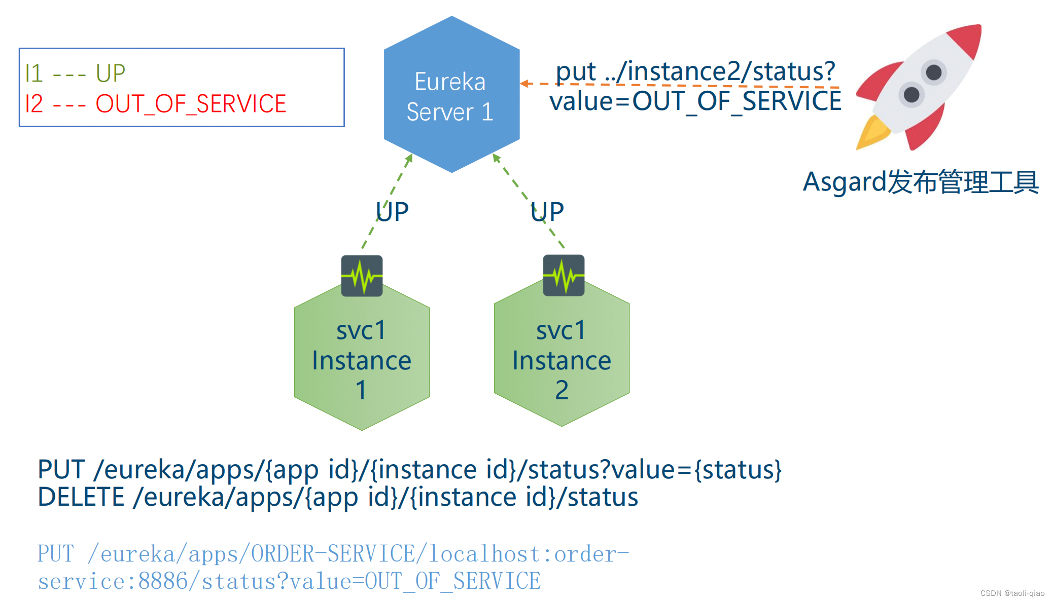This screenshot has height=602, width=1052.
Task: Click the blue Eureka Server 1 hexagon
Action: (x=451, y=95)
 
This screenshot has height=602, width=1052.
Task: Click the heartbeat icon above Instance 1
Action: (x=362, y=276)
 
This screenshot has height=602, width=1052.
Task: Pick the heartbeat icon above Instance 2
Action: (x=564, y=275)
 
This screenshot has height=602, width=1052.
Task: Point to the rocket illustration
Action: (x=918, y=87)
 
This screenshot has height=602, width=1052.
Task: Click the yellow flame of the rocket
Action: (x=872, y=133)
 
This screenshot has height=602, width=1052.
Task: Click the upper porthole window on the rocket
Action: (x=933, y=72)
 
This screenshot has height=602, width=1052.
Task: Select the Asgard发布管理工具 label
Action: (x=921, y=182)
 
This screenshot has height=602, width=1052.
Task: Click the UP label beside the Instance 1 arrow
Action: (x=392, y=212)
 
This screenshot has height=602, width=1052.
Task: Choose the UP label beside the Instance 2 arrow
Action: (x=547, y=212)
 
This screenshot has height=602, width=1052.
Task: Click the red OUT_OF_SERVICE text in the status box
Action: (x=191, y=104)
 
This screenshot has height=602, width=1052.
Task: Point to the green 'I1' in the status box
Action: (x=33, y=73)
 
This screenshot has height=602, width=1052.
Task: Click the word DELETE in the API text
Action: (x=81, y=497)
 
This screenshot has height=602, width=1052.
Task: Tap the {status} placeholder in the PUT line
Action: (x=738, y=470)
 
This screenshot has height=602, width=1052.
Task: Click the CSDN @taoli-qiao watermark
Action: (x=1012, y=593)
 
